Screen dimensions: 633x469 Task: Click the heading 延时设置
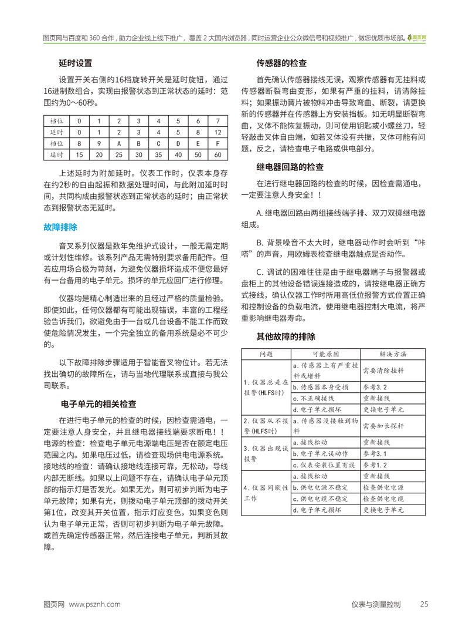(75, 63)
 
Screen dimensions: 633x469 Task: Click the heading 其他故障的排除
(286, 336)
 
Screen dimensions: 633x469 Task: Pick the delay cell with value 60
(218, 154)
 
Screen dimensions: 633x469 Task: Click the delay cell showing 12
(218, 132)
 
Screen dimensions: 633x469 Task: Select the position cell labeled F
(218, 143)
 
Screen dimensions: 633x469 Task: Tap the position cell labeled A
(119, 143)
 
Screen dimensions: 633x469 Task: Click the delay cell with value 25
(119, 154)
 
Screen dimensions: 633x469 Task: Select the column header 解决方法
(392, 354)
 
